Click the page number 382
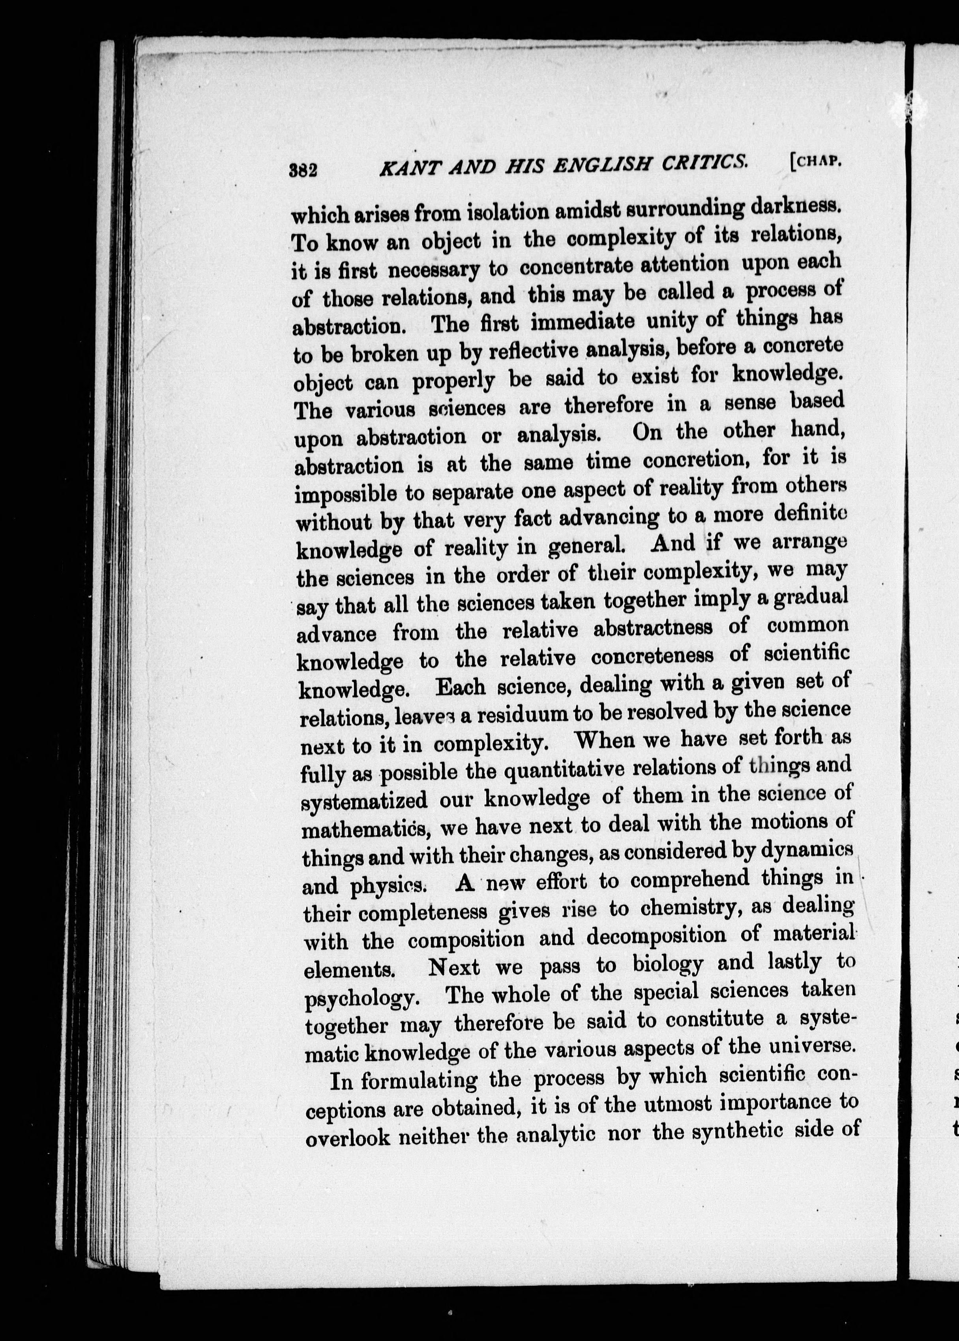pyautogui.click(x=303, y=170)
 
